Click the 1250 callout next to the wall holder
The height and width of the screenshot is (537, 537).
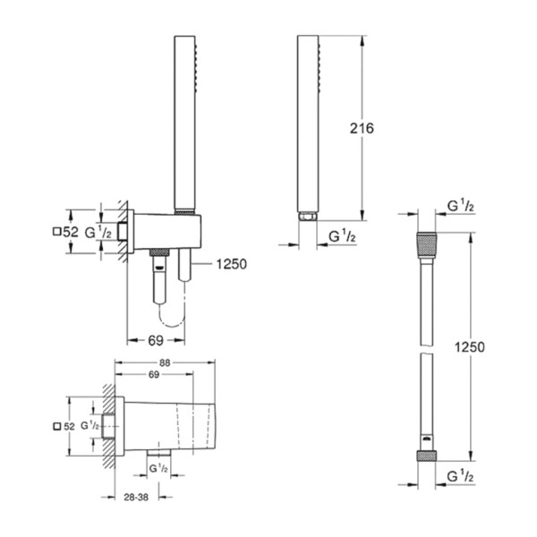tap(228, 264)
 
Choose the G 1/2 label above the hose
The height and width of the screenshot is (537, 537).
tap(461, 207)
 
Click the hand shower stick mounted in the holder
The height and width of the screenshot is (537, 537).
tap(183, 125)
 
